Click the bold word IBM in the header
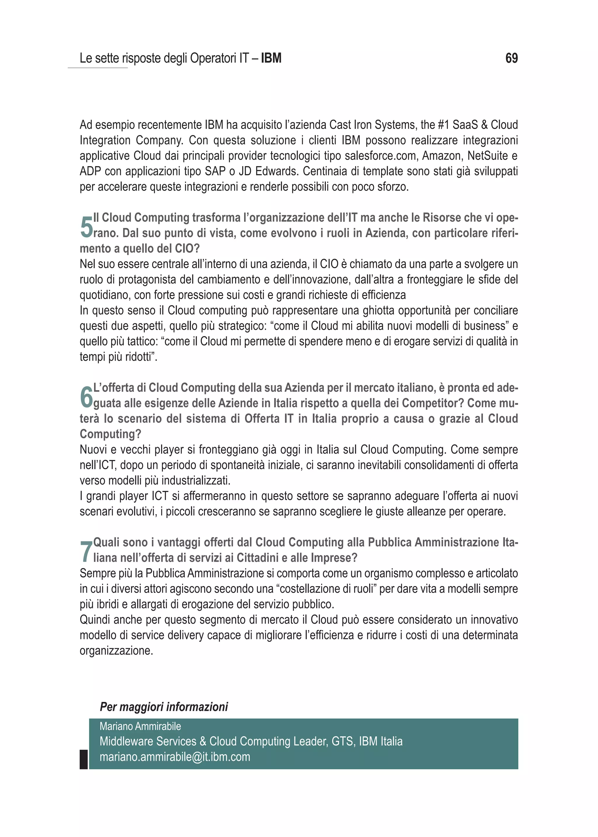click(271, 58)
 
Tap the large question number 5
click(86, 227)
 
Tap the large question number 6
click(86, 397)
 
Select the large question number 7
click(86, 552)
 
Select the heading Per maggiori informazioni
click(164, 707)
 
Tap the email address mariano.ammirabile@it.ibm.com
click(175, 757)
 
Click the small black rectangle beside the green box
click(84, 759)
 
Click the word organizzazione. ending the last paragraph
click(117, 651)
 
